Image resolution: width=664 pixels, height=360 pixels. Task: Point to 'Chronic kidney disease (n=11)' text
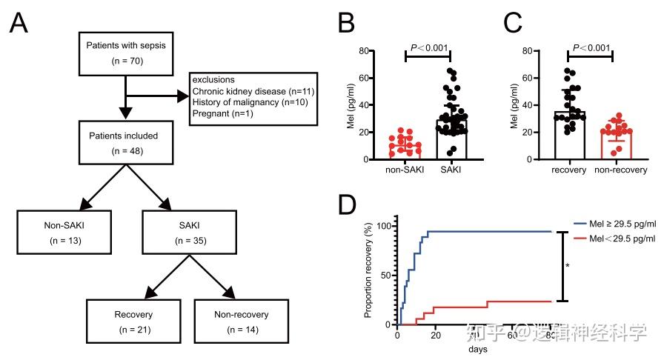click(x=252, y=90)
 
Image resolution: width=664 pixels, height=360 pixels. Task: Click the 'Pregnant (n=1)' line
click(x=220, y=113)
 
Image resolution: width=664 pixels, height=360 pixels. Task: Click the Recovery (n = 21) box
click(x=133, y=321)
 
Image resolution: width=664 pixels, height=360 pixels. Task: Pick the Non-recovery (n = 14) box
click(x=241, y=321)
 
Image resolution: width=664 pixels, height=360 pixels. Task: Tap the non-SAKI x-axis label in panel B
click(x=403, y=170)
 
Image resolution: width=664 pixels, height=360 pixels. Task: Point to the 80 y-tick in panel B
click(x=365, y=50)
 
